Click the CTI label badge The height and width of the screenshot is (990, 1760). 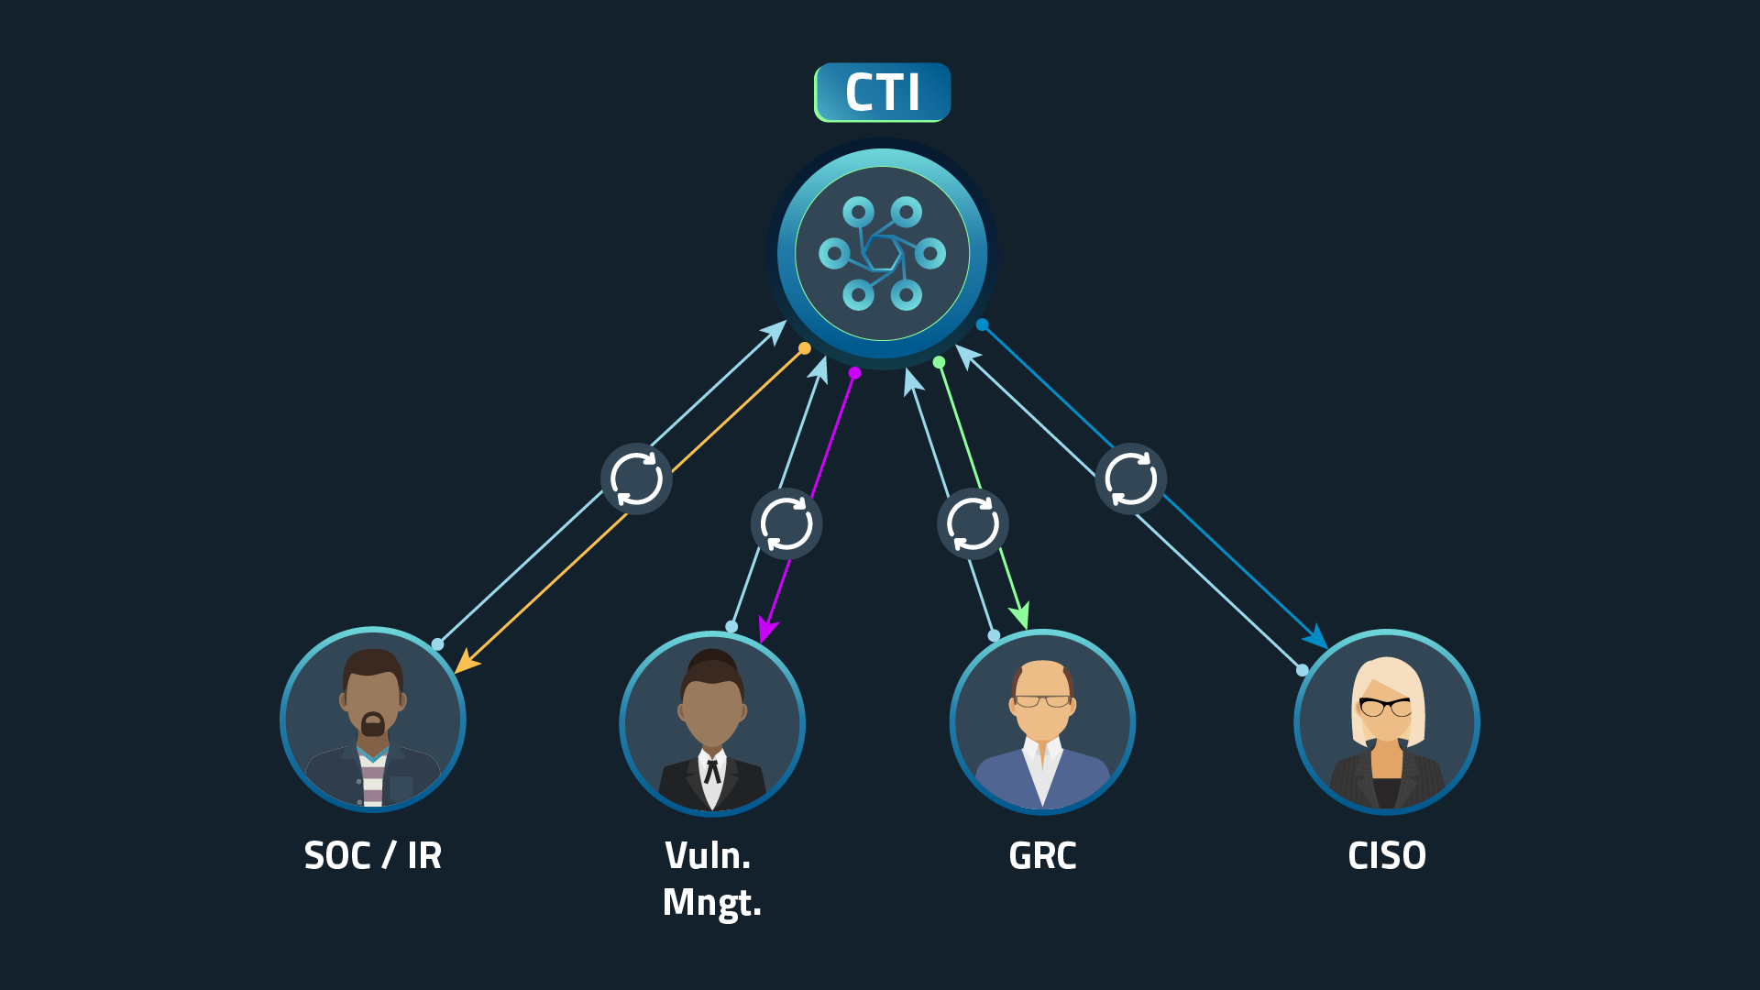pos(882,92)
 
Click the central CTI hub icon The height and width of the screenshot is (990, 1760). pos(882,253)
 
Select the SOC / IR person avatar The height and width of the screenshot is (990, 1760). pos(373,720)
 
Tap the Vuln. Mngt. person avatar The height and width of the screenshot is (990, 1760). pos(712,723)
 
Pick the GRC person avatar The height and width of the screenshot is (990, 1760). pos(1042,722)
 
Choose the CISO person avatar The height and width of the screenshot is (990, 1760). pos(1386,722)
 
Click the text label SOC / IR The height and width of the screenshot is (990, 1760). pos(373,856)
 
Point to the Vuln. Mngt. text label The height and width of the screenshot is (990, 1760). pos(712,879)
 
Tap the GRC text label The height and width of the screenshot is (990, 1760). pos(1042,856)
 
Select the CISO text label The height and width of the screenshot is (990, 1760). pos(1386,856)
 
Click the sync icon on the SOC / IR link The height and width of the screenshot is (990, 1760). pos(636,478)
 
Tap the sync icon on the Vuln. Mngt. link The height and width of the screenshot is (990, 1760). pos(786,524)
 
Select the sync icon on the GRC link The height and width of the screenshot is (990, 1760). pos(973,524)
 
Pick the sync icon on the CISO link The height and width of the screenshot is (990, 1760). pos(1130,478)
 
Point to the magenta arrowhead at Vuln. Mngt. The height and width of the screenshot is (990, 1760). pos(766,632)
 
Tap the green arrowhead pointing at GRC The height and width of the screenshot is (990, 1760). pos(1021,617)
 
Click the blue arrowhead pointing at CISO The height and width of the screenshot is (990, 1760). pos(1317,638)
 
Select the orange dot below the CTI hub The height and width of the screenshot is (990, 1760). pos(805,348)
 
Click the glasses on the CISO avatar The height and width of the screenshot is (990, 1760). pos(1385,707)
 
